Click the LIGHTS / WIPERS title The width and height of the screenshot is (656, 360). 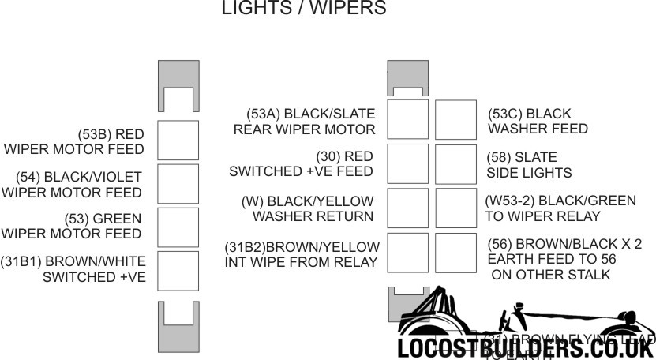[x=304, y=9]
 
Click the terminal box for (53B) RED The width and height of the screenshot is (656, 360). [x=178, y=141]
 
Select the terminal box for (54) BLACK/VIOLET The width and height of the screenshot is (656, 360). [x=178, y=185]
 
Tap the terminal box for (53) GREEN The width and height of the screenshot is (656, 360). [x=178, y=227]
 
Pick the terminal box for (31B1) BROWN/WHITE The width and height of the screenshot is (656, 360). [x=178, y=271]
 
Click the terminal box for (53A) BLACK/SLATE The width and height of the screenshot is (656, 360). [x=407, y=120]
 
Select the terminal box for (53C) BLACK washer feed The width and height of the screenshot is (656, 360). [x=455, y=120]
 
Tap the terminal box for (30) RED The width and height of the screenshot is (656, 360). [x=407, y=164]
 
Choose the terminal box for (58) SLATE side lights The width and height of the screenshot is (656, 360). [x=455, y=164]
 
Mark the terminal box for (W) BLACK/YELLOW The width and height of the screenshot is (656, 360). [x=407, y=208]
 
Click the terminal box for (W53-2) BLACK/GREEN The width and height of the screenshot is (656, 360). [x=455, y=208]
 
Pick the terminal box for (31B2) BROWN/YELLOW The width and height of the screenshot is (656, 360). [x=407, y=253]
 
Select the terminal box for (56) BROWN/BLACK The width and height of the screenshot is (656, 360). [x=455, y=253]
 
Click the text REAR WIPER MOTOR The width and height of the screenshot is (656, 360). [x=304, y=129]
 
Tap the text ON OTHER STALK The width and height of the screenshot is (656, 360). [x=550, y=275]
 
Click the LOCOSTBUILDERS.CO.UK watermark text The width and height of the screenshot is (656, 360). [x=526, y=347]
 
